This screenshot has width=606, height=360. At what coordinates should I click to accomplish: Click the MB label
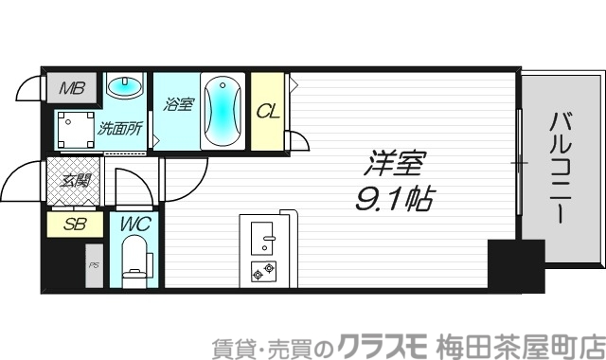[x=72, y=90]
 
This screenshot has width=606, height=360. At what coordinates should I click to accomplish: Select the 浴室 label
[x=179, y=104]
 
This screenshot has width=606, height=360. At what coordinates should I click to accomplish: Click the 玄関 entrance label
[x=76, y=180]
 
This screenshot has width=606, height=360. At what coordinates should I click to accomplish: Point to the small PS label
[x=94, y=264]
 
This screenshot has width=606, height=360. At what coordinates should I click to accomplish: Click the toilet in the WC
[x=136, y=260]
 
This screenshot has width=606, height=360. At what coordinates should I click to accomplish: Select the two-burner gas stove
[x=262, y=272]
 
